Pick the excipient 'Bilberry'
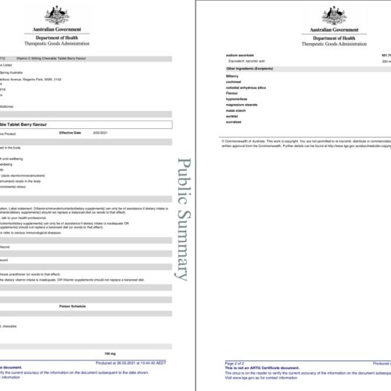tap(232, 76)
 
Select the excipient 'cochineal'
tap(234, 83)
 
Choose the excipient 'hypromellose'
tap(237, 102)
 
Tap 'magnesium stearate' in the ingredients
tap(241, 109)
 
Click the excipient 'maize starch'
tap(236, 116)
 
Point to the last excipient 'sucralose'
tap(235, 129)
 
